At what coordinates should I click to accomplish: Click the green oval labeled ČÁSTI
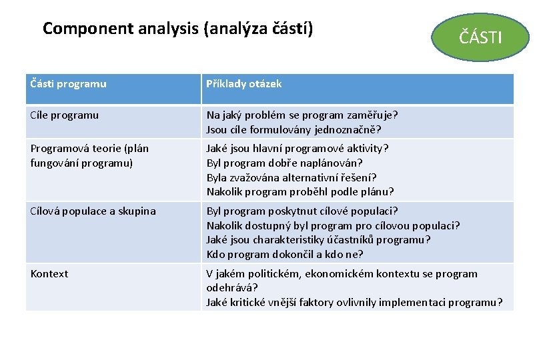coord(480,37)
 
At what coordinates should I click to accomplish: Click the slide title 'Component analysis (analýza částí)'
coord(177,29)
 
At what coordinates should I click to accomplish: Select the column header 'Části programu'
coord(69,84)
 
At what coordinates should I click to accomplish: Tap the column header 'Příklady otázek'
coord(244,84)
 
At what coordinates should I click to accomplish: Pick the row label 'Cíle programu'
coord(65,115)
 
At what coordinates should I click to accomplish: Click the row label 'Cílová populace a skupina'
coord(93,211)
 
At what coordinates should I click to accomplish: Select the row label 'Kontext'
coord(49,273)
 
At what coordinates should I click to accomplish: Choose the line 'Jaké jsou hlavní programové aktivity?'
coord(298,148)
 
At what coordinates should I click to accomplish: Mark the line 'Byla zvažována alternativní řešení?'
coord(292,177)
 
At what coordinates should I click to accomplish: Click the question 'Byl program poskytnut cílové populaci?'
coord(302,211)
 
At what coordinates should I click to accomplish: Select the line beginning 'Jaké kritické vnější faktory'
coord(355,303)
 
